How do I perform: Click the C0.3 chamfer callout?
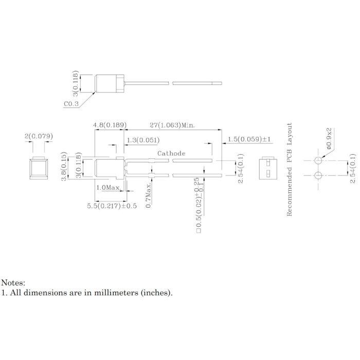[x=71, y=104]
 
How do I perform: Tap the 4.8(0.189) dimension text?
[x=110, y=125]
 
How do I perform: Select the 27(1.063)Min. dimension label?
[x=172, y=125]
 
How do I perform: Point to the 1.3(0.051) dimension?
[x=143, y=140]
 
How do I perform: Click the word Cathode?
[x=171, y=153]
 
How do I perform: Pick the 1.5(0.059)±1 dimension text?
[x=249, y=139]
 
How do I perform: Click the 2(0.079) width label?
[x=39, y=136]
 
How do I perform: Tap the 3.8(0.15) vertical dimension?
[x=64, y=166]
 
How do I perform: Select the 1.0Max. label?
[x=109, y=188]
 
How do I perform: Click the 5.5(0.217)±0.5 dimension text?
[x=112, y=206]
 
